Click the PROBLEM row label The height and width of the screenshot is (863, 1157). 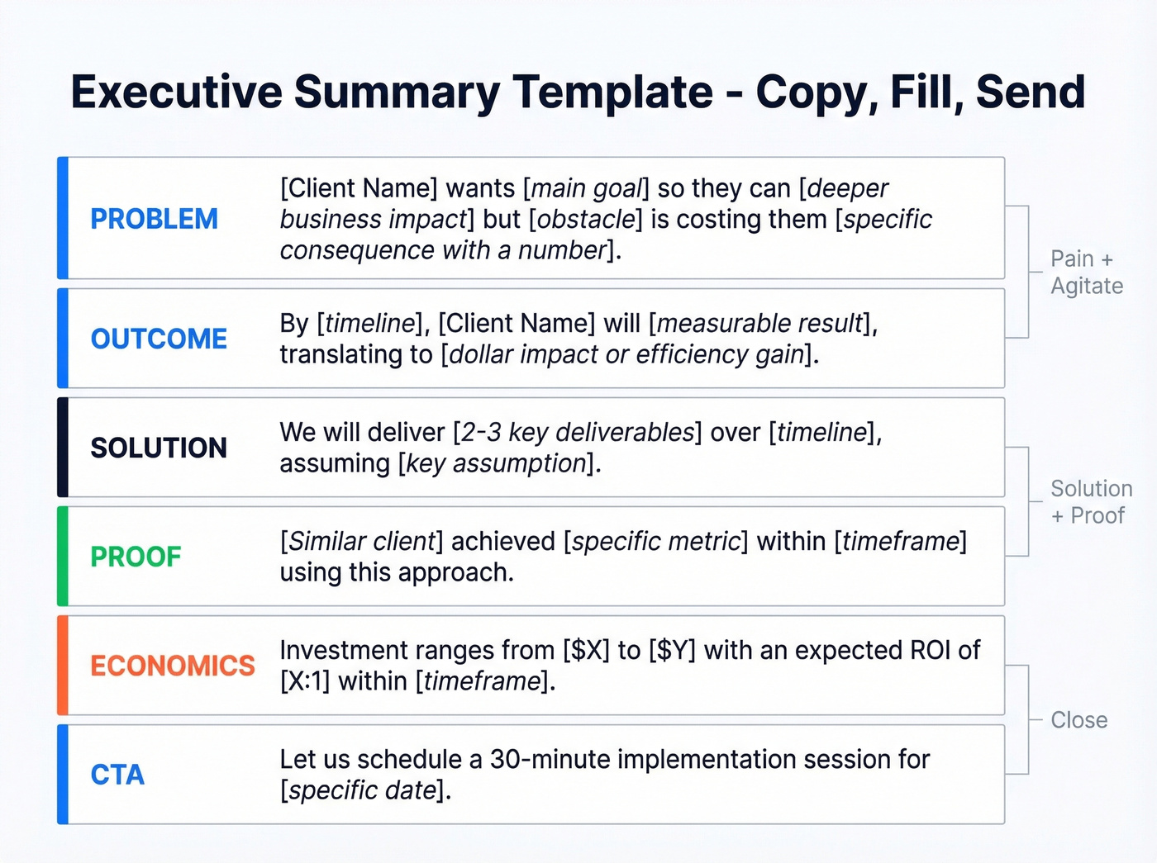pos(154,219)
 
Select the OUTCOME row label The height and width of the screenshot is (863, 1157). pos(159,339)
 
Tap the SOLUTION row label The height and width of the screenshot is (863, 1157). pos(159,448)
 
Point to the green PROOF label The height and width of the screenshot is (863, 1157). pos(136,557)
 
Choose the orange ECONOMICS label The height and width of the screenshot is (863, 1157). pos(173,666)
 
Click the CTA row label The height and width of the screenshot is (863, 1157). pos(117,775)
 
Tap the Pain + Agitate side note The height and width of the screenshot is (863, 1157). pos(1086,272)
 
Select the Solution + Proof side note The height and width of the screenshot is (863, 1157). pos(1090,501)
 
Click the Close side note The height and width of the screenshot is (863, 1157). pos(1078,720)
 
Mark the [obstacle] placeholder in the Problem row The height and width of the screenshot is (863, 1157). pos(585,220)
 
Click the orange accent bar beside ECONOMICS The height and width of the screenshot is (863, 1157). pos(62,666)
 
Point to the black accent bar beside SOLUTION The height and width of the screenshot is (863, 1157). pos(62,448)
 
